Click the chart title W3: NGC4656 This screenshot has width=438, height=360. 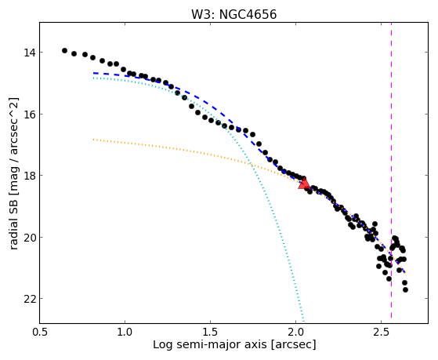pos(233,14)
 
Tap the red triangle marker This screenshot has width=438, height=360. pos(304,184)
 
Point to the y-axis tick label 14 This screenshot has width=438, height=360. pos(29,53)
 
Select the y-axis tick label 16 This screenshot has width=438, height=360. pos(29,115)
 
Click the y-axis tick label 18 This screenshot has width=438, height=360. pos(29,176)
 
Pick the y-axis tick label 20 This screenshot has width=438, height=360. pos(29,237)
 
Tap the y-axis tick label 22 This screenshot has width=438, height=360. pos(29,299)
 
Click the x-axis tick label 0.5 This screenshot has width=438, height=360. pos(40,332)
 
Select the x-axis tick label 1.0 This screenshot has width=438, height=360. pos(125,332)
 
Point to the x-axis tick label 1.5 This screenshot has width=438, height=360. pos(210,332)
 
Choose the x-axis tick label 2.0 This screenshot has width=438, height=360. pos(296,332)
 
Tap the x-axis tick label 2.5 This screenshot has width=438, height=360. pos(382,332)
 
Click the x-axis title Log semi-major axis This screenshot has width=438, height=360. pos(210,345)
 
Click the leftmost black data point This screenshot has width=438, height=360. pos(64,51)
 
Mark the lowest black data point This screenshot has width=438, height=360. pos(405,289)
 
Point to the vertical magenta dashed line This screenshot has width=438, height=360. pos(391,170)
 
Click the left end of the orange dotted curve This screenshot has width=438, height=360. pos(94,139)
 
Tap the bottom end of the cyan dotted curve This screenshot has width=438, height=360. pos(303,321)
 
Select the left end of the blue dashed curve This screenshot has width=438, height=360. pos(94,73)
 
